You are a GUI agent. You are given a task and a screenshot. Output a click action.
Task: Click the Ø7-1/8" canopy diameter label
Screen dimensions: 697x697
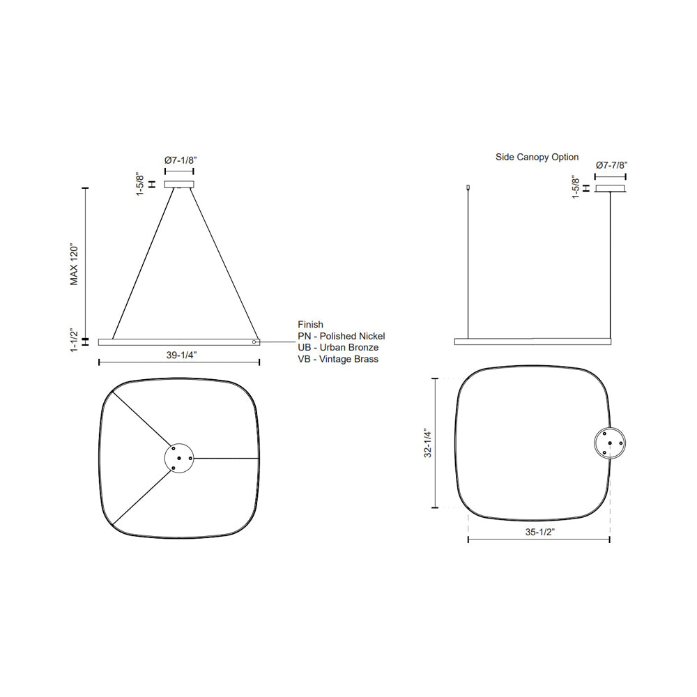[x=181, y=160]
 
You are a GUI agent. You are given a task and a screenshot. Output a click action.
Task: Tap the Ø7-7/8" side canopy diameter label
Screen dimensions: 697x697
[x=612, y=165]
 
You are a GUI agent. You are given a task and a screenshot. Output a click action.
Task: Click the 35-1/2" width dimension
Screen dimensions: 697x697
[x=539, y=532]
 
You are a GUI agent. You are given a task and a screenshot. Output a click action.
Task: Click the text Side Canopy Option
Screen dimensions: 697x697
[x=537, y=158]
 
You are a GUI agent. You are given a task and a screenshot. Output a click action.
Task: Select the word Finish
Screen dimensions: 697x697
[x=310, y=325]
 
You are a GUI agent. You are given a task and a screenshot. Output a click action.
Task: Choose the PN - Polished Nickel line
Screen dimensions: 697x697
[x=341, y=336]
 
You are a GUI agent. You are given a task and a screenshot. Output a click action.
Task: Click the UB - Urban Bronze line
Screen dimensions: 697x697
[x=338, y=347]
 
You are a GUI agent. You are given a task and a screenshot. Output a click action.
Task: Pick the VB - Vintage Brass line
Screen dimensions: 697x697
[x=338, y=359]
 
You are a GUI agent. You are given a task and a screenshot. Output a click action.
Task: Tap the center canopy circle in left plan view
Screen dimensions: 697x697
[x=179, y=458]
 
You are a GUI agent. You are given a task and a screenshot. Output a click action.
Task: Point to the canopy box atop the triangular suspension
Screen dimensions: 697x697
[x=179, y=185]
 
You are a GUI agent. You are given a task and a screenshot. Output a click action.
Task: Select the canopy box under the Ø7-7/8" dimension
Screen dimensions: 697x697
[x=610, y=188]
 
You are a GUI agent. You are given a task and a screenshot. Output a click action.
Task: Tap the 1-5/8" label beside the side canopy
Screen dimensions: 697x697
[x=575, y=187]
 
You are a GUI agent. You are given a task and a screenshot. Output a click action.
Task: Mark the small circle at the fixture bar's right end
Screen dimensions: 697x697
[x=255, y=342]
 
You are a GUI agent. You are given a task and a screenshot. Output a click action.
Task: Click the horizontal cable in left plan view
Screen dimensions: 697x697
[x=227, y=459]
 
